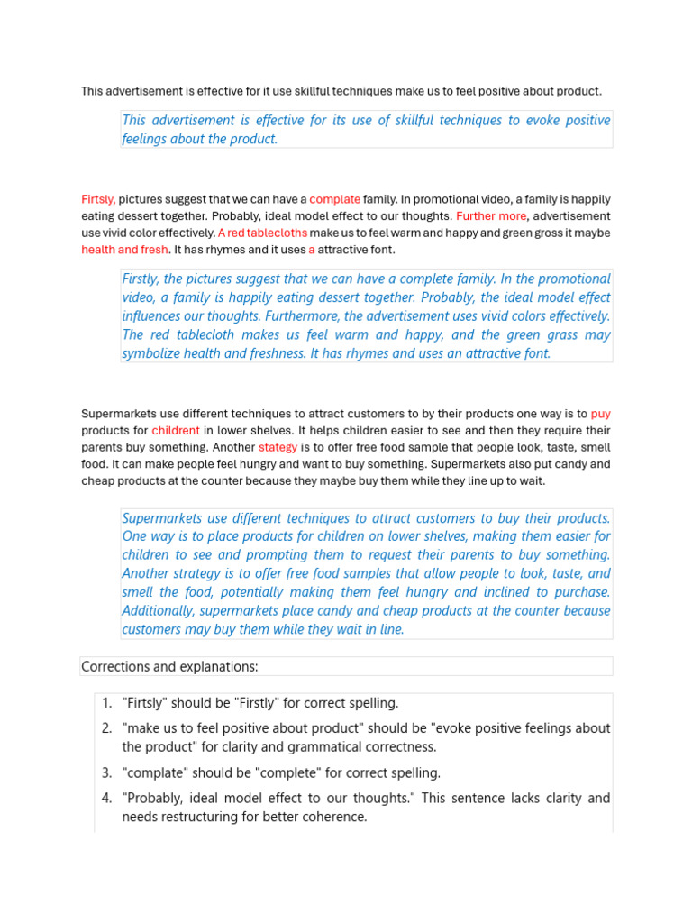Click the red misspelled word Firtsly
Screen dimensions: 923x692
97,199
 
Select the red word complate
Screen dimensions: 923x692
334,199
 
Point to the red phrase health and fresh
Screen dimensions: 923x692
124,250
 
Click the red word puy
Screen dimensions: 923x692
600,414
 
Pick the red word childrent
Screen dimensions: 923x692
176,431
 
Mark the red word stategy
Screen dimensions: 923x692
278,447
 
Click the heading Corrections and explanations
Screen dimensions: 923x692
169,667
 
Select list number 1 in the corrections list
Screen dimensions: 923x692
106,703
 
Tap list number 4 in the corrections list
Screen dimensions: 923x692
106,799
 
